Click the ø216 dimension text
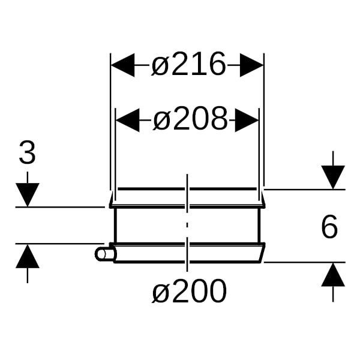[189, 64]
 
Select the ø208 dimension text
[190, 119]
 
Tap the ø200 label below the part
[190, 291]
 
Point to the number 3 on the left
[27, 152]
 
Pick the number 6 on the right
[329, 226]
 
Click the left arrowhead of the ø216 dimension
[122, 65]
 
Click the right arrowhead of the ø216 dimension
[251, 65]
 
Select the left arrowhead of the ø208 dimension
[128, 120]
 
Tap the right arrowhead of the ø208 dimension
[247, 120]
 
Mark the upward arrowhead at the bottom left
[28, 256]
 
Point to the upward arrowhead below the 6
[333, 274]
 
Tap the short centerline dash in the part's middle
[187, 225]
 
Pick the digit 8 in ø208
[219, 118]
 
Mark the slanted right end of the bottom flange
[262, 253]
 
